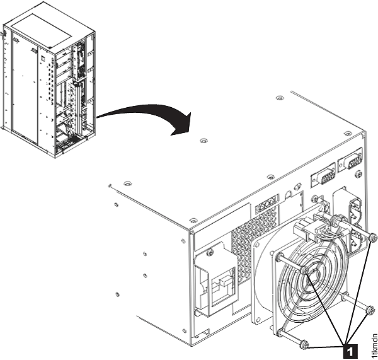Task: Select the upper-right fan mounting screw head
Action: coord(372,238)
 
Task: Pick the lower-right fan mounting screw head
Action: coord(370,310)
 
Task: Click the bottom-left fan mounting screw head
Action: coord(305,344)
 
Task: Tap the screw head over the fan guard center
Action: coord(304,270)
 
